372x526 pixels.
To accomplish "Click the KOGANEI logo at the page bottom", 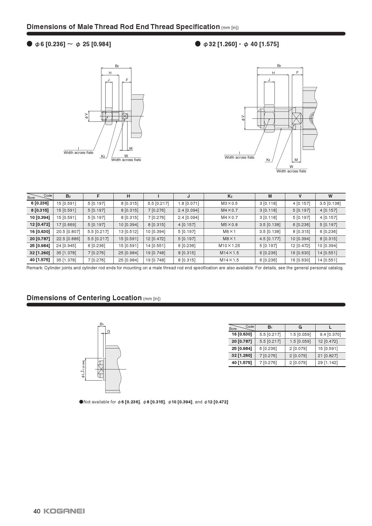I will click(x=64, y=511).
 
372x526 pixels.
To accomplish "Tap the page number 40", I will click(x=37, y=511).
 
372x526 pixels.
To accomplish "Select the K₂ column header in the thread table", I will click(x=229, y=196).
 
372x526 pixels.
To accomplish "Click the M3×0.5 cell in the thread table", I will click(x=229, y=203).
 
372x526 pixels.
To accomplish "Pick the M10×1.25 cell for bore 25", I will click(x=229, y=246).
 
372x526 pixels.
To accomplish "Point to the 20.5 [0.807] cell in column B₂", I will click(x=68, y=232).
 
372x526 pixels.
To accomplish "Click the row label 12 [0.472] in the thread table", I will click(x=40, y=224).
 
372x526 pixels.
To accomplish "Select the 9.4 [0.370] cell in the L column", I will click(x=330, y=334).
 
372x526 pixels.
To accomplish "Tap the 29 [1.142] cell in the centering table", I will click(x=328, y=363).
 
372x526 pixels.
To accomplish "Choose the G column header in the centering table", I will click(x=300, y=327).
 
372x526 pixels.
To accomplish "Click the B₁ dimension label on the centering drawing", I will click(x=102, y=324).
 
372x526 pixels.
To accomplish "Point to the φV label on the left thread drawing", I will click(x=87, y=116).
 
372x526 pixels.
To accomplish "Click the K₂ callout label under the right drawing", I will click(x=268, y=160).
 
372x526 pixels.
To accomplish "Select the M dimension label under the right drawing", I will click(x=296, y=160).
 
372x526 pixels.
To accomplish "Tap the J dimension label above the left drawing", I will click(x=109, y=80).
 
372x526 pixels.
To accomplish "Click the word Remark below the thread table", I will click(x=34, y=268).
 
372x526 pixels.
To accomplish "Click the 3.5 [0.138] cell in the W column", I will click(x=330, y=203).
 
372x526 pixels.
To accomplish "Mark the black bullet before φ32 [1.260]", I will click(x=198, y=44).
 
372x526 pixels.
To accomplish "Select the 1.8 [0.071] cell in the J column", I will click(x=188, y=203).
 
